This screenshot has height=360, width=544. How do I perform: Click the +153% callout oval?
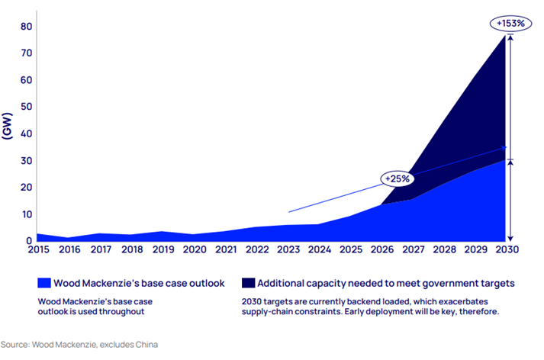[x=510, y=24]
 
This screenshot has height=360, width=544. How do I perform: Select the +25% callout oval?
[x=397, y=178]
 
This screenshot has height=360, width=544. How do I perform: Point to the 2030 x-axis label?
[x=506, y=249]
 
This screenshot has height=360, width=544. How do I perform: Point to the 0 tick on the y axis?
[x=28, y=241]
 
